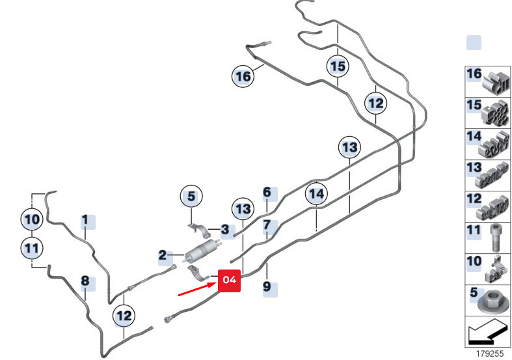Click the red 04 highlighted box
229,281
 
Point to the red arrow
198,290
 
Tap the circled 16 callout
243,76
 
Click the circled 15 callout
338,66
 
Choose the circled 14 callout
316,194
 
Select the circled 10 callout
32,219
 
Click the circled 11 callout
32,248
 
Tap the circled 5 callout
191,196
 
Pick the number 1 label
85,220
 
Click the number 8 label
85,281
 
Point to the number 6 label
267,192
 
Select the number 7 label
267,225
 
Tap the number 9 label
267,287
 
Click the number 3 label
225,230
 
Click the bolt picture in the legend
496,238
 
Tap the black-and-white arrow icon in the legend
488,331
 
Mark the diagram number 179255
489,353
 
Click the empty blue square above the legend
474,43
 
